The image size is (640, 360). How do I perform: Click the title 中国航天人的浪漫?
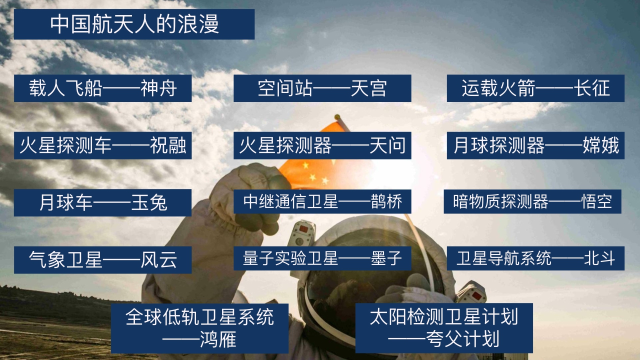pos(134,24)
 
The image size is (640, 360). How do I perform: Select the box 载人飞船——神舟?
pos(102,88)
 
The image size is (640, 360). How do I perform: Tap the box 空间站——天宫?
pos(322,88)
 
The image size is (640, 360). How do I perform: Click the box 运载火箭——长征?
pos(535,88)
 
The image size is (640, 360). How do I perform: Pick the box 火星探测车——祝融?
pos(102,145)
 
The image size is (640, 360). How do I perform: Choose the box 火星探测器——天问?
pos(322,145)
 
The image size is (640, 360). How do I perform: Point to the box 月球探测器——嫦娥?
pos(535,145)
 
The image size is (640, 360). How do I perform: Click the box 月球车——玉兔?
pos(102,202)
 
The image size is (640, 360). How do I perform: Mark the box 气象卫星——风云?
pos(102,259)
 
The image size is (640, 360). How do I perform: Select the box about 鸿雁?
pos(199,328)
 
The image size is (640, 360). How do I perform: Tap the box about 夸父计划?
pos(443,328)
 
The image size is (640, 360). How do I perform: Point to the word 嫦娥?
pos(600,145)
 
